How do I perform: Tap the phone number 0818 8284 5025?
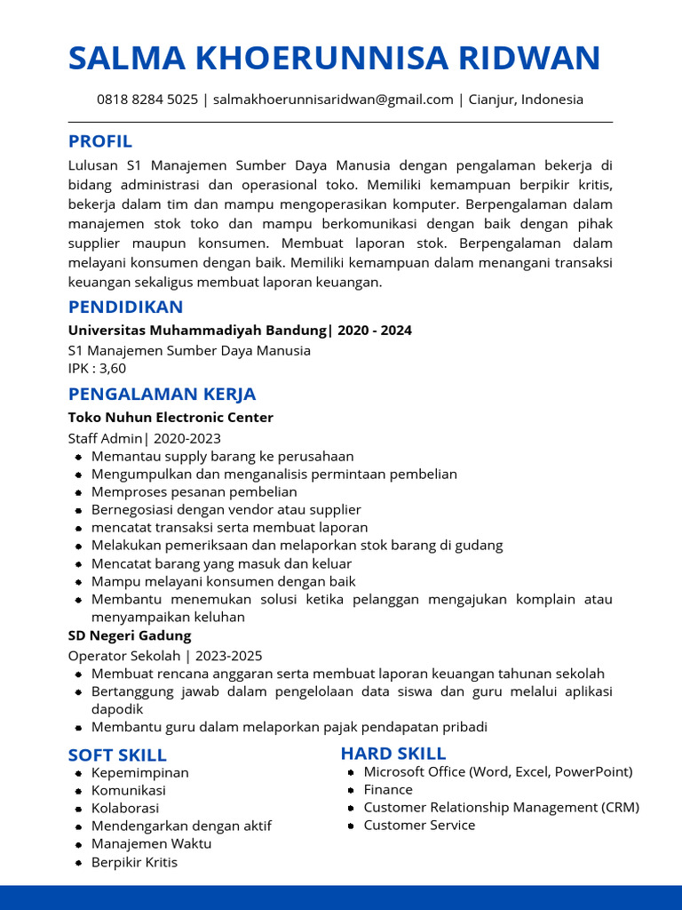(147, 100)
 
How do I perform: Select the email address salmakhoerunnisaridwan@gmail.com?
(333, 100)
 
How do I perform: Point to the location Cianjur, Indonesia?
(525, 100)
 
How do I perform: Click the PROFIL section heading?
(100, 141)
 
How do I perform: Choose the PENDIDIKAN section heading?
(126, 307)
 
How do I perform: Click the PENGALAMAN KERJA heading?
(162, 394)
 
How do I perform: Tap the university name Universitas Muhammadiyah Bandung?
(197, 331)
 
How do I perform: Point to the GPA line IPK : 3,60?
(97, 368)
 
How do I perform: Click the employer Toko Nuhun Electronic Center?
(170, 418)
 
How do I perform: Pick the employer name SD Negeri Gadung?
(130, 635)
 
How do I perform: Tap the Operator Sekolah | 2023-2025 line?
(165, 656)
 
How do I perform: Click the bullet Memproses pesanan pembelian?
(194, 491)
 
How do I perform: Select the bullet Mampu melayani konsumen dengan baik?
(223, 581)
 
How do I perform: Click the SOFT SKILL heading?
(117, 755)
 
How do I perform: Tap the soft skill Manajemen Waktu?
(151, 843)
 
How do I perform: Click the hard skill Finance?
(388, 789)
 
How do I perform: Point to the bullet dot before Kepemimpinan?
(79, 773)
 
